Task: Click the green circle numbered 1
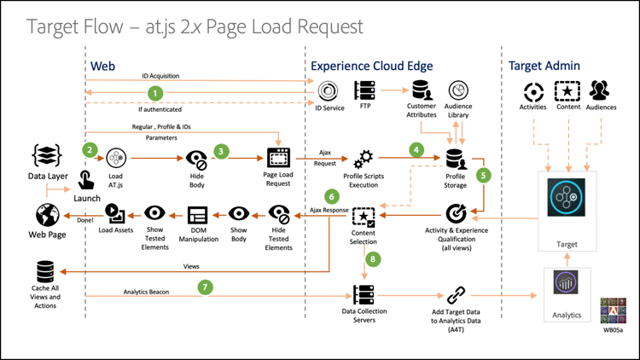[x=154, y=92]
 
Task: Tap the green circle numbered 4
[x=416, y=149]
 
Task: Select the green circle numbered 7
[x=205, y=287]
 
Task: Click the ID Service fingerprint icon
[x=328, y=90]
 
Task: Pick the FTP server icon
[x=365, y=90]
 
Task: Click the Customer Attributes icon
[x=421, y=90]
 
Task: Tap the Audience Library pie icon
[x=459, y=90]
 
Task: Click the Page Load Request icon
[x=279, y=158]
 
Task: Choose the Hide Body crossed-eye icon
[x=197, y=159]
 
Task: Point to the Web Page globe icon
[x=48, y=214]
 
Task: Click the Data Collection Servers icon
[x=364, y=294]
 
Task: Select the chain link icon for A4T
[x=456, y=295]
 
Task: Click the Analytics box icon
[x=566, y=283]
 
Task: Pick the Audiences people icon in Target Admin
[x=599, y=90]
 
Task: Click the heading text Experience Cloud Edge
[x=372, y=66]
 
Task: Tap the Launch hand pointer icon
[x=86, y=180]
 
